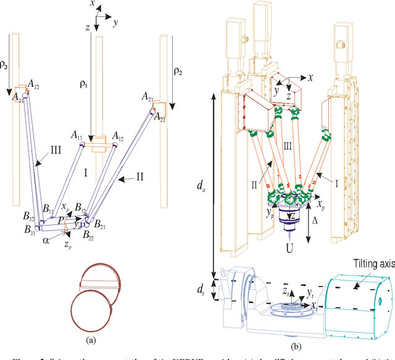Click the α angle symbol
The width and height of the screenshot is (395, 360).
(46, 241)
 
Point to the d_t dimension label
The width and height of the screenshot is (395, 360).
(199, 288)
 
